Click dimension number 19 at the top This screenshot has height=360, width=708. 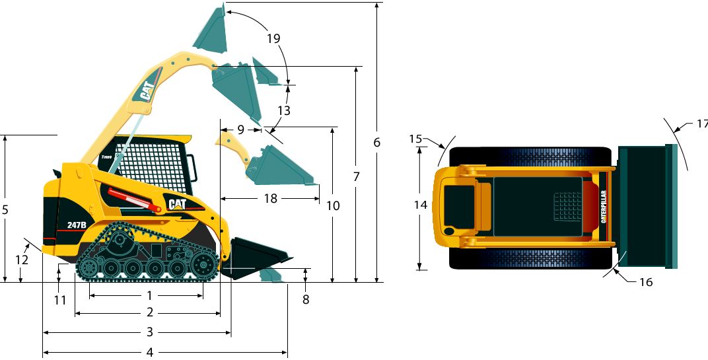pyautogui.click(x=273, y=38)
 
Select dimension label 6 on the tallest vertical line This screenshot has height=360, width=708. pyautogui.click(x=377, y=142)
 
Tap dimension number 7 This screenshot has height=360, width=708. pyautogui.click(x=356, y=176)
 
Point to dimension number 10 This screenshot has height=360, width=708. pyautogui.click(x=333, y=205)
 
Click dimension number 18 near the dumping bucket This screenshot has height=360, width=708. pyautogui.click(x=270, y=198)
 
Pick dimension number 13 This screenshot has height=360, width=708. pyautogui.click(x=283, y=111)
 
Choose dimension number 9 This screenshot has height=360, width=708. pyautogui.click(x=241, y=129)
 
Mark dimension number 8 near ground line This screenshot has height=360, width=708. pyautogui.click(x=305, y=299)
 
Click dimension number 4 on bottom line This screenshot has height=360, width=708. pyautogui.click(x=150, y=352)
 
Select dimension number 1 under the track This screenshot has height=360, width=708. pyautogui.click(x=150, y=295)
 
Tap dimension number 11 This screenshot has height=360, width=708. pyautogui.click(x=60, y=300)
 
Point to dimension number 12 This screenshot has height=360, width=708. pyautogui.click(x=22, y=260)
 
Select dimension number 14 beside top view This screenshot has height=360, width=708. pyautogui.click(x=421, y=205)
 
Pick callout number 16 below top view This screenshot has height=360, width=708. pyautogui.click(x=646, y=282)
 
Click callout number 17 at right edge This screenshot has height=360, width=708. pyautogui.click(x=701, y=124)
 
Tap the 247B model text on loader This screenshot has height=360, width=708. pyautogui.click(x=77, y=225)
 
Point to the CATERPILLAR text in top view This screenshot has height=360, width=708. pyautogui.click(x=604, y=207)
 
